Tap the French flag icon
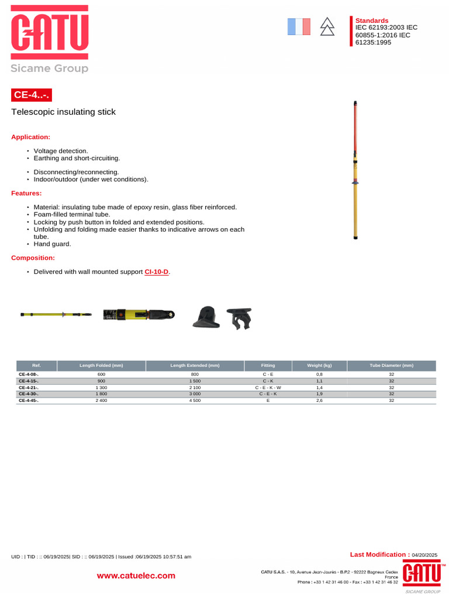tap(299, 27)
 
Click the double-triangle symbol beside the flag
tap(327, 27)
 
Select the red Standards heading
tap(372, 20)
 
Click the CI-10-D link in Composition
tap(157, 272)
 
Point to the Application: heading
tap(31, 137)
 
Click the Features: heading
tap(27, 193)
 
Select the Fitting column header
tap(268, 366)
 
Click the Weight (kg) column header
tap(319, 366)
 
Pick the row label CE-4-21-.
tap(29, 387)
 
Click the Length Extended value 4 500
tap(195, 401)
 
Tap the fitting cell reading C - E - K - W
tap(268, 387)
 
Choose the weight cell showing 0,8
tap(319, 374)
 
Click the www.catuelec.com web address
tap(136, 576)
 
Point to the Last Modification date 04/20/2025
tap(424, 555)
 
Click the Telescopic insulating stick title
tap(64, 112)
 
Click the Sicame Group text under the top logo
tap(50, 68)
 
